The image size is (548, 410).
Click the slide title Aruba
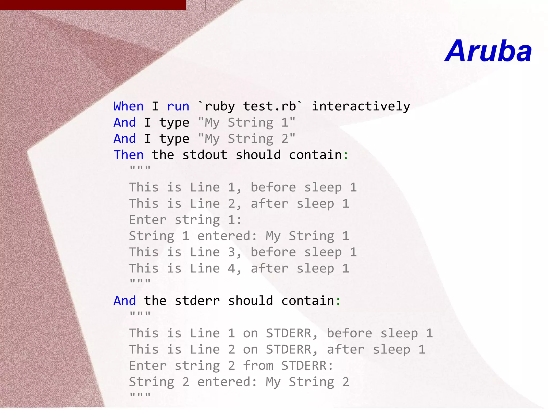point(488,51)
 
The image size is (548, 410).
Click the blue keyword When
point(128,106)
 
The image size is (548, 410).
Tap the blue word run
point(178,106)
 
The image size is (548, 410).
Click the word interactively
point(361,106)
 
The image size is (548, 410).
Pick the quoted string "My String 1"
point(246,123)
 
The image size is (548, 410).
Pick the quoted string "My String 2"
point(246,139)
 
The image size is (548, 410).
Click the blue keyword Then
point(128,155)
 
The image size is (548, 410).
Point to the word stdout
point(205,155)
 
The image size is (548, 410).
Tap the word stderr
point(197,301)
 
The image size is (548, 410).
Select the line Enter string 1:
point(185,220)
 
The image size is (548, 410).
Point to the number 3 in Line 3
point(231,252)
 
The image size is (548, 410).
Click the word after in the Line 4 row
point(269,268)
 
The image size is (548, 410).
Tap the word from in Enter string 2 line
point(258,366)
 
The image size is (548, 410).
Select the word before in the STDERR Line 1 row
point(349,333)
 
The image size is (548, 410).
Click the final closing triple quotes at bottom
point(140,395)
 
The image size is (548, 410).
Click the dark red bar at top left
point(93,5)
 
